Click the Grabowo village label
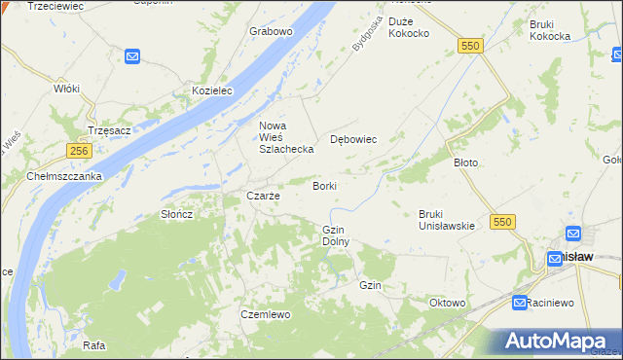point(271,31)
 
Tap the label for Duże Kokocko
point(409,27)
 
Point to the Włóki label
point(66,88)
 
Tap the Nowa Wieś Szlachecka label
point(285,137)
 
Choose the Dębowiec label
point(353,139)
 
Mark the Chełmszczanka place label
point(64,176)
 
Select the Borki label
point(325,185)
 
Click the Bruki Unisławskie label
point(446,219)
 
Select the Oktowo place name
point(447,303)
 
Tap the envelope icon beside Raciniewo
point(520,303)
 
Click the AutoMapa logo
point(558,340)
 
